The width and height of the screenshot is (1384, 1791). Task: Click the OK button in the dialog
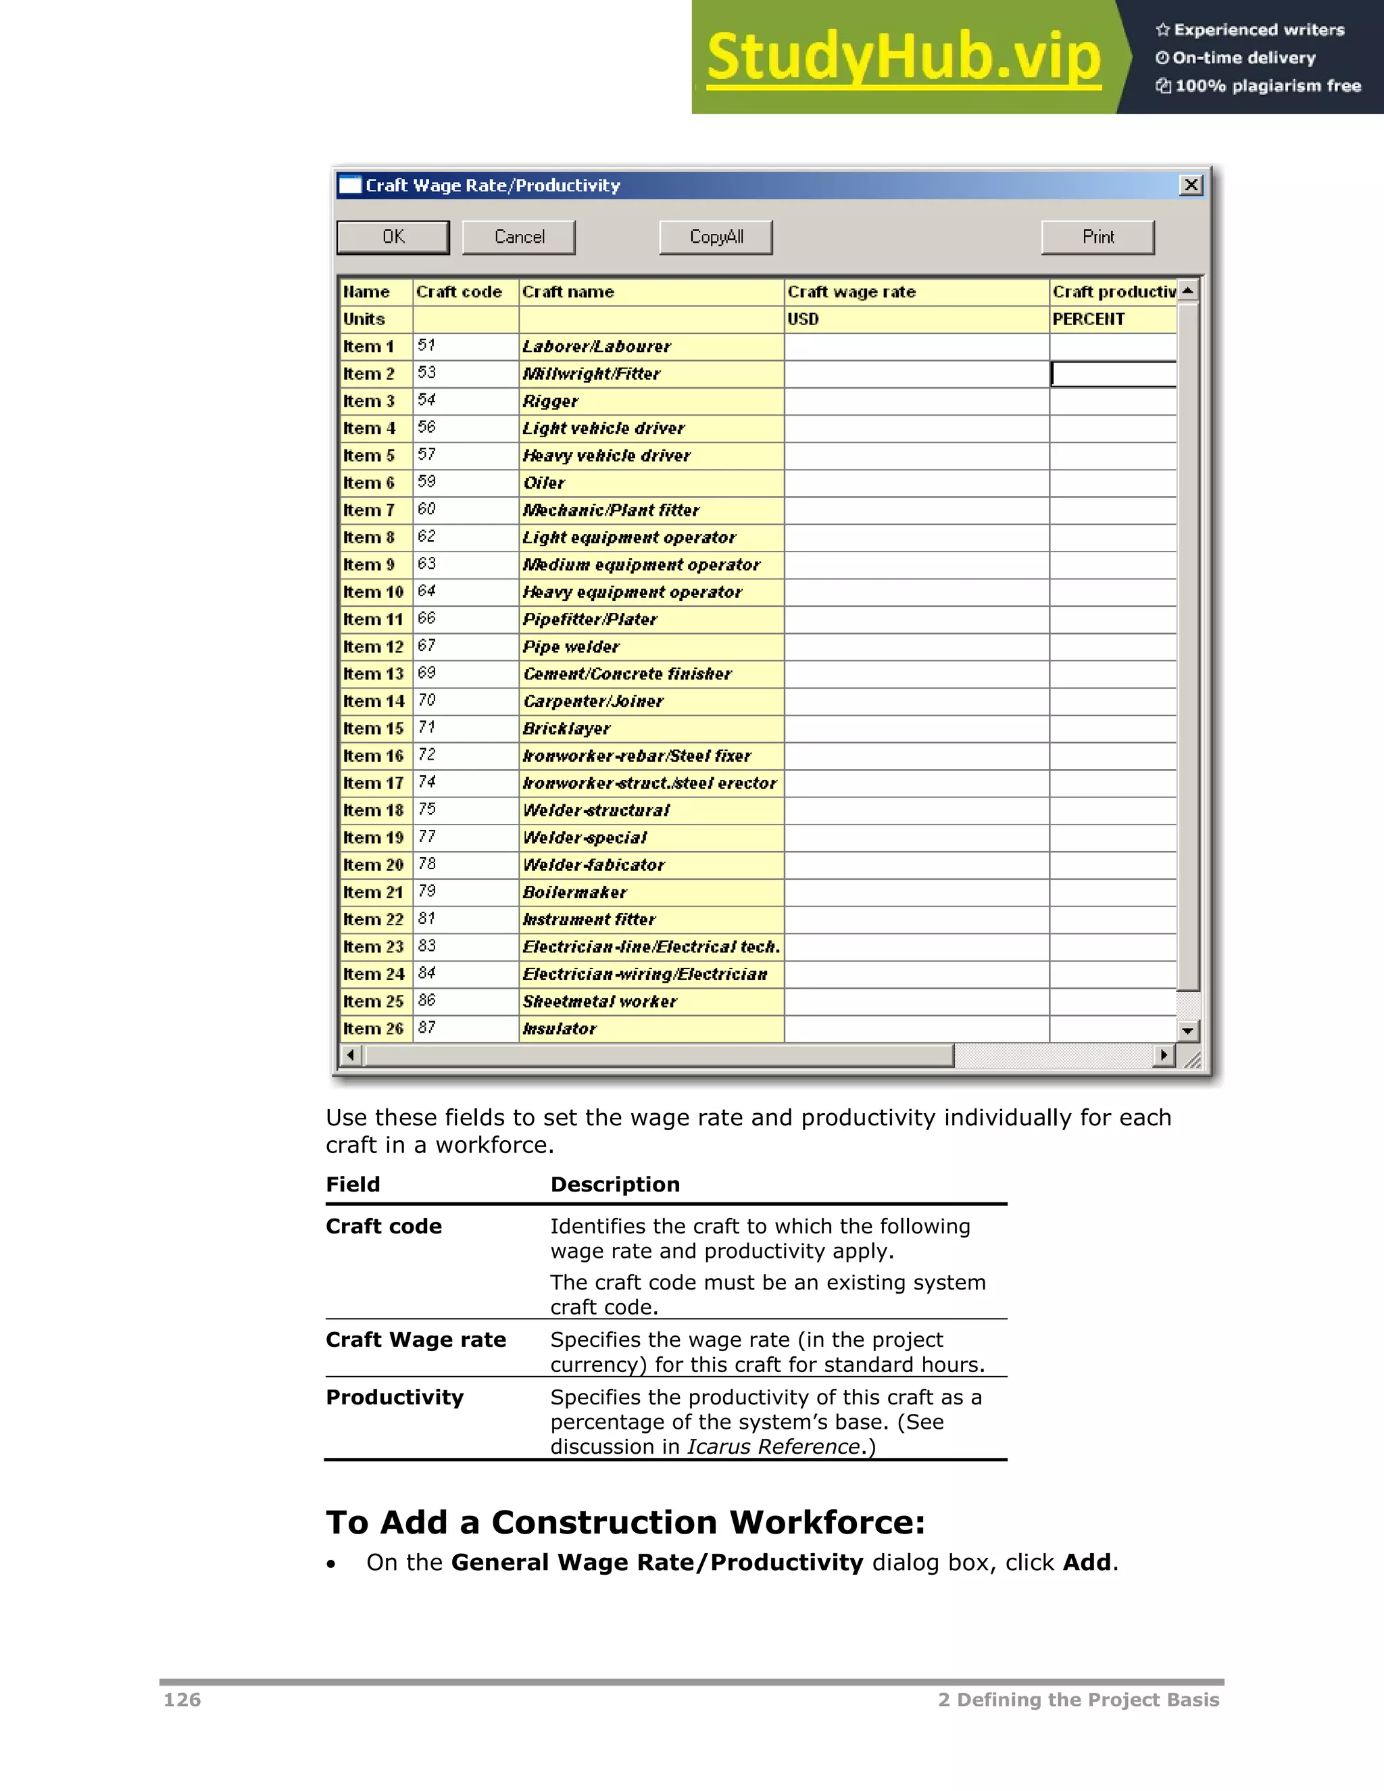pyautogui.click(x=393, y=237)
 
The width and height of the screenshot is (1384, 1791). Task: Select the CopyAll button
pyautogui.click(x=716, y=237)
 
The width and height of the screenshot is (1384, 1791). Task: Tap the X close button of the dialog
pyautogui.click(x=1191, y=185)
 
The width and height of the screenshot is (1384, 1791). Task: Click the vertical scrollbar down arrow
pyautogui.click(x=1187, y=1031)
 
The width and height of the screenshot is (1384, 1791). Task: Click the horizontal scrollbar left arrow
pyautogui.click(x=351, y=1054)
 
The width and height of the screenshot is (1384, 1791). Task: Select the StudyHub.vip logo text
pyautogui.click(x=904, y=57)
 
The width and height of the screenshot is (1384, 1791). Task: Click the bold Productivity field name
pyautogui.click(x=395, y=1398)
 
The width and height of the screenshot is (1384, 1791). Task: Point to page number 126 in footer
pyautogui.click(x=182, y=1700)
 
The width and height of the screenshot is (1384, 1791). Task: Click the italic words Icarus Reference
pyautogui.click(x=773, y=1446)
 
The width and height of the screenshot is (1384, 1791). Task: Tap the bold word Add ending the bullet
pyautogui.click(x=1087, y=1562)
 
